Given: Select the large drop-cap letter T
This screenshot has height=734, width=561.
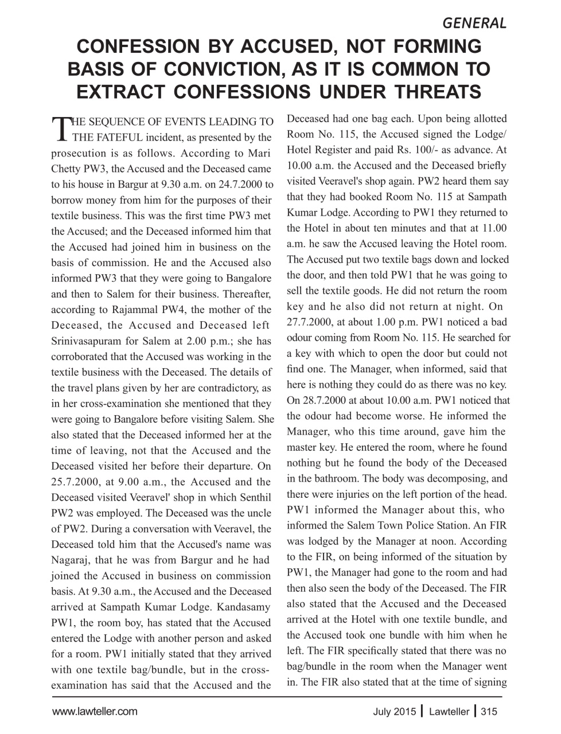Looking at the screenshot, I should point(60,130).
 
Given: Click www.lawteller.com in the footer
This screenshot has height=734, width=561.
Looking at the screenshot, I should point(95,712).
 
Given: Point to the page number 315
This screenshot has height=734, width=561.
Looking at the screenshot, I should point(489,712).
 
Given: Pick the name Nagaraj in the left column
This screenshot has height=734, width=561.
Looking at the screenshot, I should point(73,560).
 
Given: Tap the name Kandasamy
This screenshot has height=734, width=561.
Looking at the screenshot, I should point(245,607).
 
